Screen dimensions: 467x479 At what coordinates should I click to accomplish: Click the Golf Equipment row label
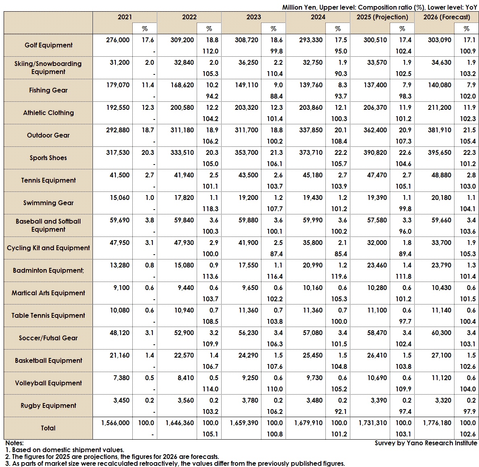[x=48, y=45]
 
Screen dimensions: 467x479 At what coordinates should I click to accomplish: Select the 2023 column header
[x=253, y=17]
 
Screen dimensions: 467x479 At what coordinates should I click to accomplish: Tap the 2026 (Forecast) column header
[x=446, y=17]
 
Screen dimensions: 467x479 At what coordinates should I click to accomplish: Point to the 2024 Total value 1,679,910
[x=308, y=423]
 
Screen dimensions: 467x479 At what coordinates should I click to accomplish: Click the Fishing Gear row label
[x=48, y=90]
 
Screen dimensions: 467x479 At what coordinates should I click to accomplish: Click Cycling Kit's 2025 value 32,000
[x=376, y=243]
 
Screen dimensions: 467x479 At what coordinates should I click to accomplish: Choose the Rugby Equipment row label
[x=48, y=405]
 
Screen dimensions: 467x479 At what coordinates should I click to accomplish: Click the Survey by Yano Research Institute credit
[x=426, y=443]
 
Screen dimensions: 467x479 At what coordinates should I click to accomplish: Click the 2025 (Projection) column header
[x=382, y=17]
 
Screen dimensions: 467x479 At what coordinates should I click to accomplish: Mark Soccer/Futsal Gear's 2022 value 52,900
[x=183, y=333]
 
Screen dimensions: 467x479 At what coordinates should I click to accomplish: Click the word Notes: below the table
[x=14, y=443]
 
